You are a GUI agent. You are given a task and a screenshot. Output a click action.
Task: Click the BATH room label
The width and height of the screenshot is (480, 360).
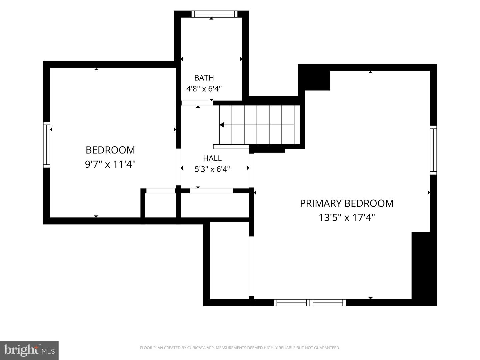tap(204, 78)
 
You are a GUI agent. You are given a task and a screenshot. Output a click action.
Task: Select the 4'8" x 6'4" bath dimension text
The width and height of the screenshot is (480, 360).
tap(204, 89)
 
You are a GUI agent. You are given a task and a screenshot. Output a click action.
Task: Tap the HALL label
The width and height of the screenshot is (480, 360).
tap(212, 158)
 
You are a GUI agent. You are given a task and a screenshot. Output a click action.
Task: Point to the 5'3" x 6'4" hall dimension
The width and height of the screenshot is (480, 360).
tap(212, 169)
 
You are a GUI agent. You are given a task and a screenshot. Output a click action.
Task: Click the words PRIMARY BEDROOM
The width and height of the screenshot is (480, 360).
tap(347, 203)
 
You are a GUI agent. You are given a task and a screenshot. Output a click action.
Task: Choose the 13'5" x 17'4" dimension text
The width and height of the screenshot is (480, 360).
tap(347, 217)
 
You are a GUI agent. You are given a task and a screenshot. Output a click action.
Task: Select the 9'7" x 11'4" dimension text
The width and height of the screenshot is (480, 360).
tap(110, 164)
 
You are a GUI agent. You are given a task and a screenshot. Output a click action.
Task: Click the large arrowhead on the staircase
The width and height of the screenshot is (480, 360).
tap(222, 125)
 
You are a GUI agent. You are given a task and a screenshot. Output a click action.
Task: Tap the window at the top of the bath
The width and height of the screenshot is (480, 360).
tap(214, 14)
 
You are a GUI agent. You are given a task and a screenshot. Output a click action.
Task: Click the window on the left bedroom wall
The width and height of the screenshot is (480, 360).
tap(47, 145)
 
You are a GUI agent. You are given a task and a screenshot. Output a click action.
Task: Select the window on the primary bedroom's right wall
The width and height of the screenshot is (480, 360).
tap(433, 150)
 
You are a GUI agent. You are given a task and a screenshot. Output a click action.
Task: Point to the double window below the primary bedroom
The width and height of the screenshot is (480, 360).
tap(310, 303)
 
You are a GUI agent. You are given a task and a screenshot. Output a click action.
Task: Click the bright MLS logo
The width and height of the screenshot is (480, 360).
tap(29, 350)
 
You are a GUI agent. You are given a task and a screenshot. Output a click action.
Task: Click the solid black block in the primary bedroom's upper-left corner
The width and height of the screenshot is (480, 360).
tap(314, 77)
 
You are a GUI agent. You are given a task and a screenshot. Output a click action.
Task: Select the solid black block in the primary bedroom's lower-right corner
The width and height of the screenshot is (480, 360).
tap(424, 269)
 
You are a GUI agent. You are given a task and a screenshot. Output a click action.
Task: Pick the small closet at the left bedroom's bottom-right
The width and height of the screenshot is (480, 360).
tap(161, 205)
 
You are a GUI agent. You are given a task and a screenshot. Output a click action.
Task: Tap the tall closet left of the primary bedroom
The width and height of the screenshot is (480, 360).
tap(230, 261)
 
